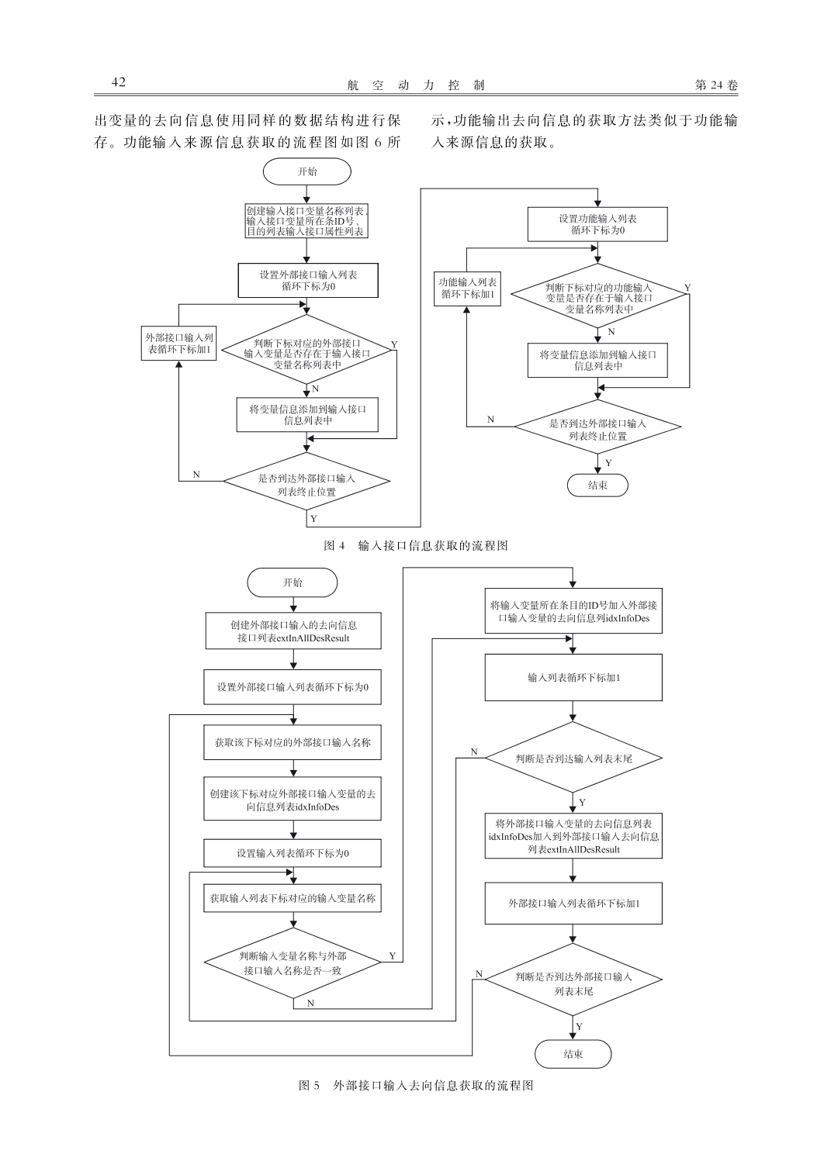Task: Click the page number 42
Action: (119, 82)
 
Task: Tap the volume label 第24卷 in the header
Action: (716, 85)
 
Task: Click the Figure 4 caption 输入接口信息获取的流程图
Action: (433, 545)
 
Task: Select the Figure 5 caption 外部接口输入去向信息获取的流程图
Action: (433, 1086)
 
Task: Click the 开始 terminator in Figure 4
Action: (307, 171)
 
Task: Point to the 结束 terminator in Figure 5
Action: (573, 1054)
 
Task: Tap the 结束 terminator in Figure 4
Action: (597, 486)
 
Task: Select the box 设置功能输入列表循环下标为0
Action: (597, 224)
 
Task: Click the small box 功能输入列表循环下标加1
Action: (467, 289)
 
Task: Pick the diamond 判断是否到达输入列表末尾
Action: (573, 759)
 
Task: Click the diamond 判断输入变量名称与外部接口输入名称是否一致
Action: (293, 962)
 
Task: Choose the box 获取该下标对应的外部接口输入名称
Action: (293, 742)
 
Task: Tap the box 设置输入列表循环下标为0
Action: (293, 853)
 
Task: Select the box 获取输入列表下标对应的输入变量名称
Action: (293, 898)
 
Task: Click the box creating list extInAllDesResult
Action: (293, 631)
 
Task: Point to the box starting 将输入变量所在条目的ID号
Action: (573, 611)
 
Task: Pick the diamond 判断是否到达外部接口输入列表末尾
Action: (573, 980)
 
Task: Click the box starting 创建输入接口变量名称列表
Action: (306, 221)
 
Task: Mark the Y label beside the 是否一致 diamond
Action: (392, 956)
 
